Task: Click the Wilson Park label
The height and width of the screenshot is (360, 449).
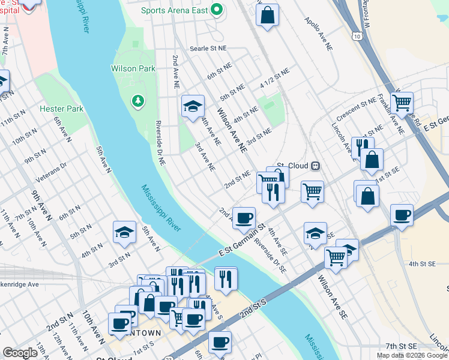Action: [133, 68]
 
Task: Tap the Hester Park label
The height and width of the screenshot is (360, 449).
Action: [61, 109]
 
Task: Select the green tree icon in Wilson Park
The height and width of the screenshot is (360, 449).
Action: [138, 99]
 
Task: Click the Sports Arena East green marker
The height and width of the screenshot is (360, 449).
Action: [218, 10]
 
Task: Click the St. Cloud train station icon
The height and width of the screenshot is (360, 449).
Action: [315, 166]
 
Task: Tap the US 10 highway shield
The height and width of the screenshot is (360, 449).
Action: [357, 37]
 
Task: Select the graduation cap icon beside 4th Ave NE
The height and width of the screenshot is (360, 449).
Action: [193, 106]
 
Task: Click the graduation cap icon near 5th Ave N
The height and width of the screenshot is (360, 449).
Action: [124, 232]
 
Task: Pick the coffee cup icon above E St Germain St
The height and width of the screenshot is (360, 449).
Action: [244, 217]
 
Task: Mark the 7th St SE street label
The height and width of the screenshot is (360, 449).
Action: [400, 346]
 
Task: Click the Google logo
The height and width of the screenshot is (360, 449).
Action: [20, 353]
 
